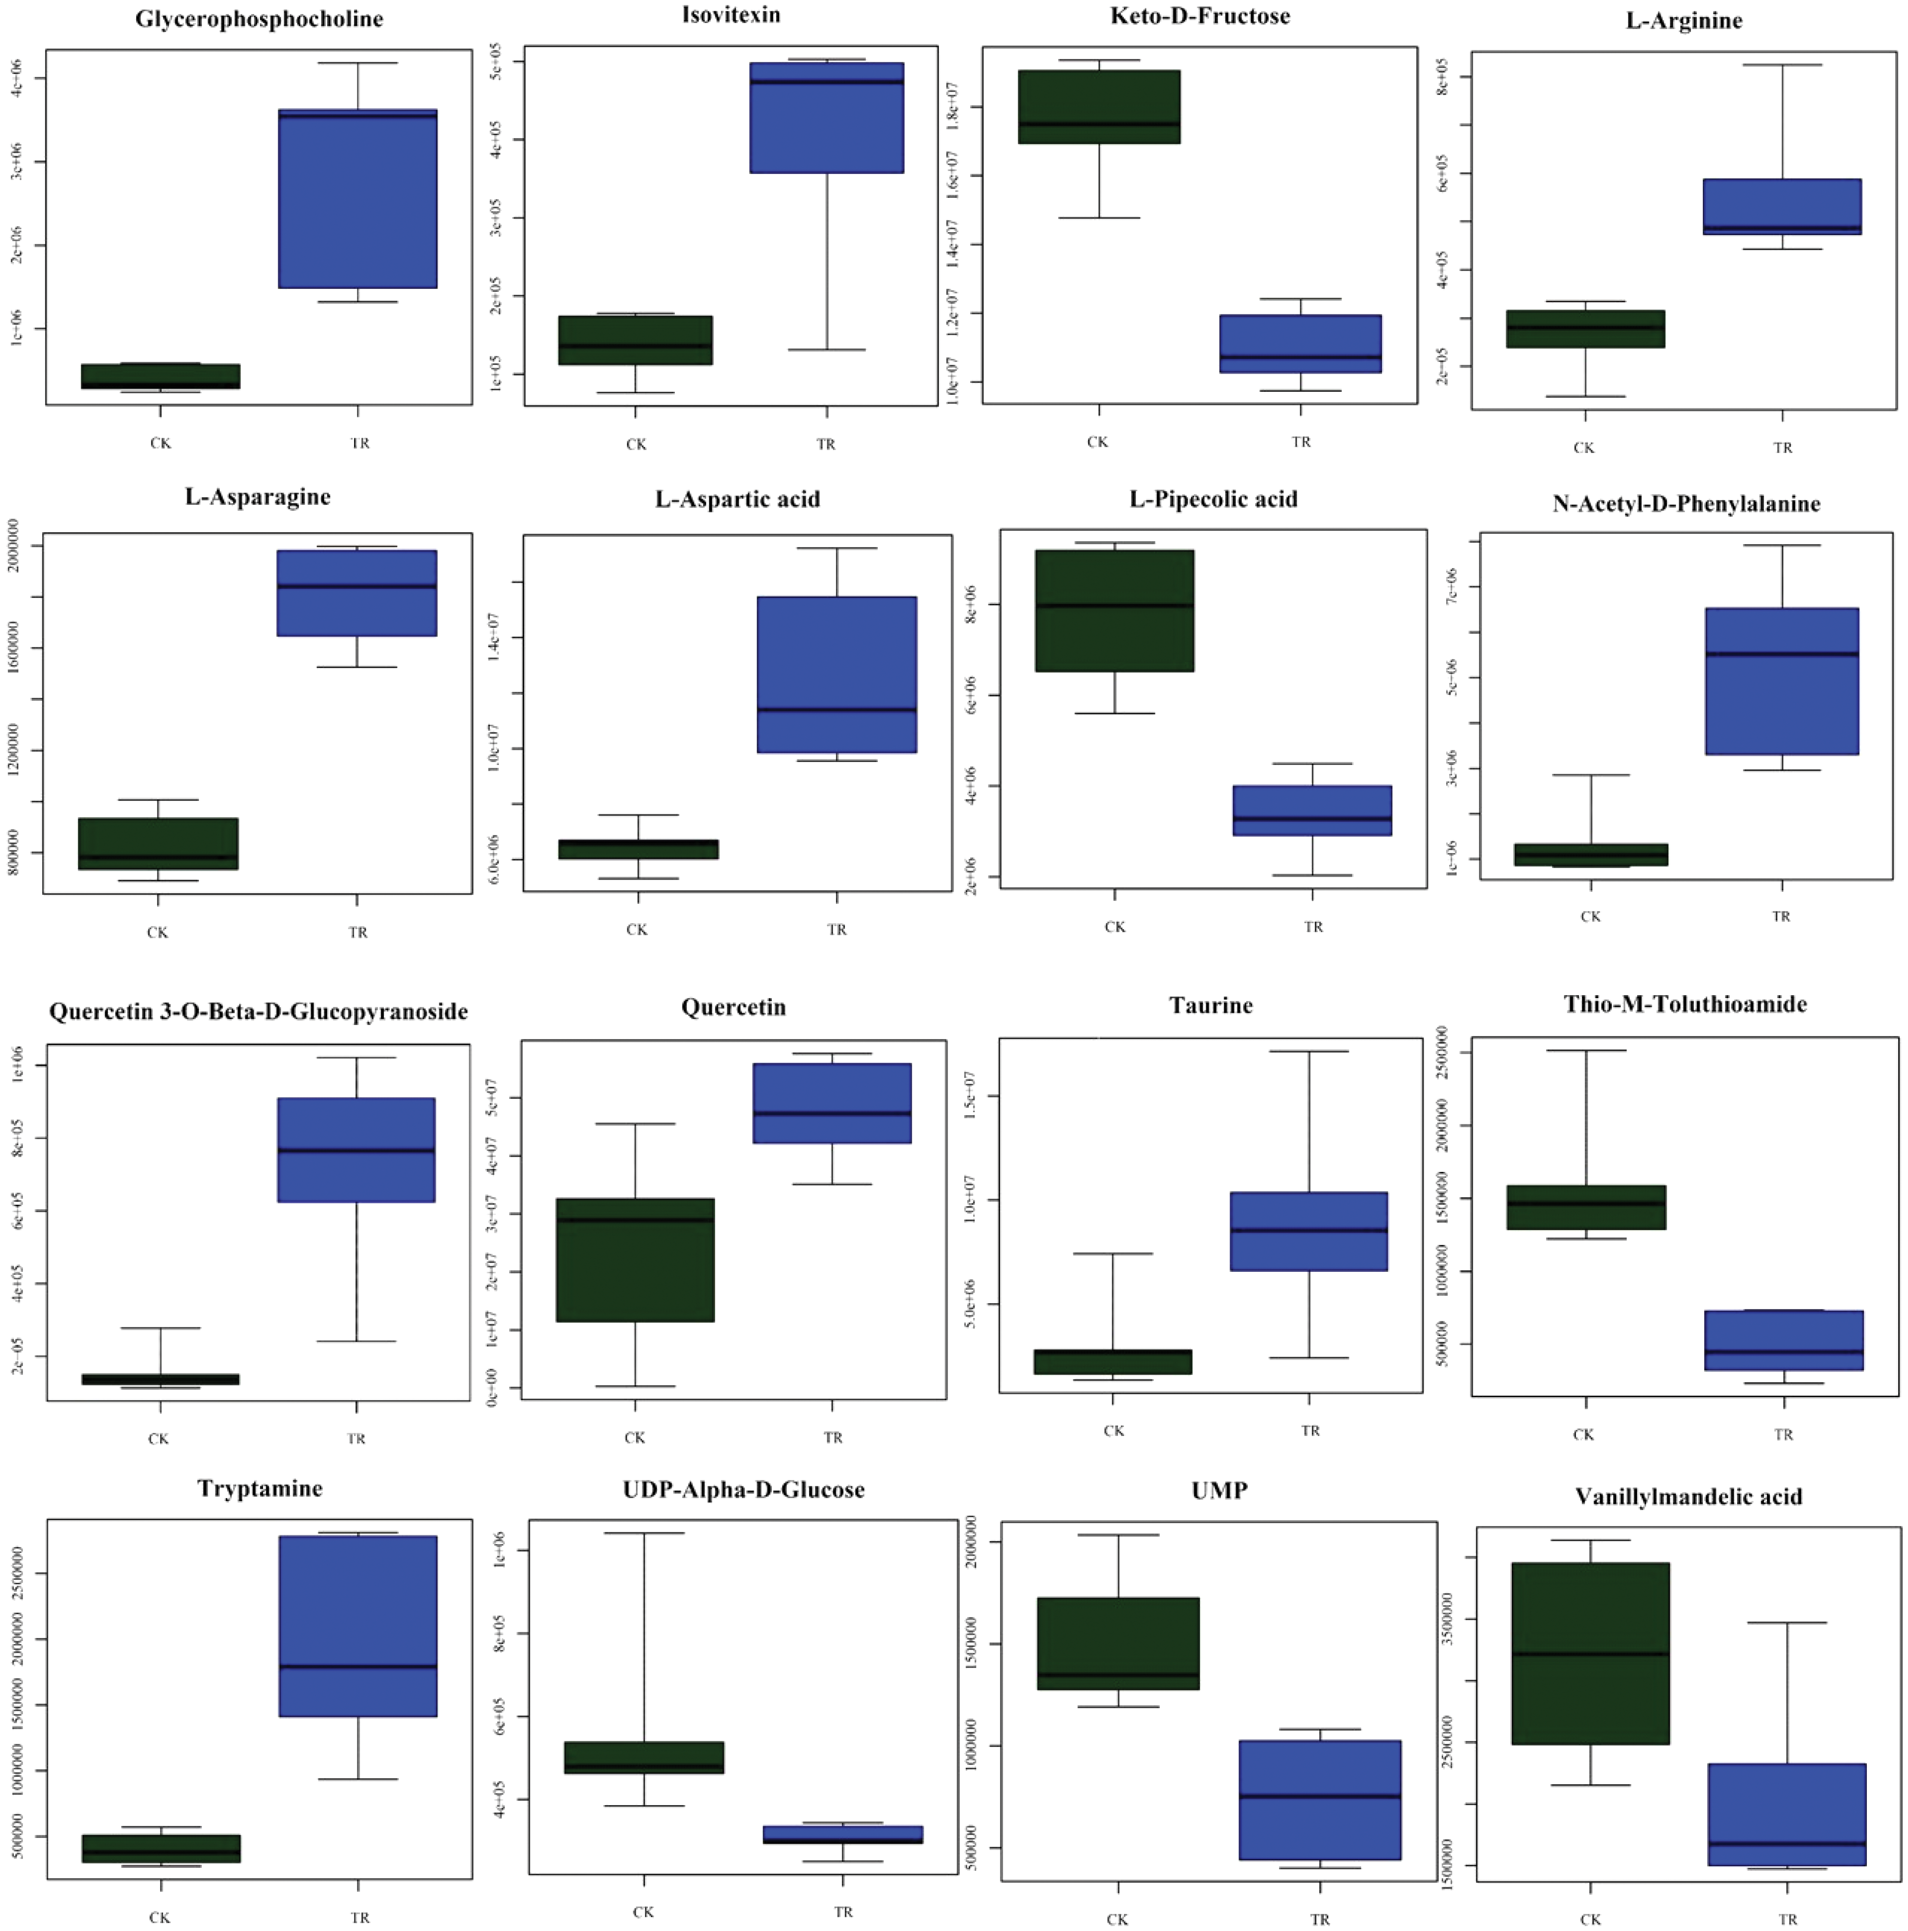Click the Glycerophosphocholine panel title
(259, 19)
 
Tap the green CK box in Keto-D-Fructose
(1098, 107)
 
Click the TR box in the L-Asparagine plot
(357, 593)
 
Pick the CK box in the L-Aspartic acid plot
(638, 849)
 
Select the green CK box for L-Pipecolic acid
(1115, 611)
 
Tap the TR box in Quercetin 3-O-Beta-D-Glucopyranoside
(356, 1149)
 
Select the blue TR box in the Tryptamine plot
(358, 1626)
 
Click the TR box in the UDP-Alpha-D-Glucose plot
(842, 1834)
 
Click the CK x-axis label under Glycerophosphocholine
(160, 443)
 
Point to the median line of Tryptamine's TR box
(358, 1666)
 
